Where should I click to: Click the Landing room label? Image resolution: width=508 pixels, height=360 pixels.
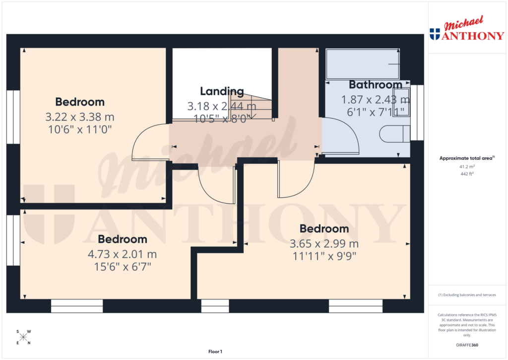pos(222,91)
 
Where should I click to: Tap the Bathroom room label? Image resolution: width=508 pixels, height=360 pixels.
pos(375,84)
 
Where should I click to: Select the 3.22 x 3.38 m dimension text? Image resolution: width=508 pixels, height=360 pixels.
pos(80,118)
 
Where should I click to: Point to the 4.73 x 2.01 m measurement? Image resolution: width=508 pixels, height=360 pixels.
pos(122,254)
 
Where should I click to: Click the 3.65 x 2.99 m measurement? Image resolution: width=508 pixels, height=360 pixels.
pos(324,244)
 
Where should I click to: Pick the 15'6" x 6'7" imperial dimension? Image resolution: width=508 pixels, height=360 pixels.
pos(122,267)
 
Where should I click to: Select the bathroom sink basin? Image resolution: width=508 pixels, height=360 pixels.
pos(404,102)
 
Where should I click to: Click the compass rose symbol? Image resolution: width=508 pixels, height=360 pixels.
pos(23,337)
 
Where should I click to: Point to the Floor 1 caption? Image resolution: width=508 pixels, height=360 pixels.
pos(215,352)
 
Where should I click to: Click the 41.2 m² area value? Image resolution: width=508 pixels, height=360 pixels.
pos(467,167)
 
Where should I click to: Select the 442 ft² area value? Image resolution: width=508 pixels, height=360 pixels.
pos(467,174)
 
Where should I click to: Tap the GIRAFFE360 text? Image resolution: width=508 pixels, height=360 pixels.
pos(467,345)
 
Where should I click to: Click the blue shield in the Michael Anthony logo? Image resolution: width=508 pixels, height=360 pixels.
pos(435,34)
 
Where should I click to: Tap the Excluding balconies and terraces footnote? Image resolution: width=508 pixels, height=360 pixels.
pos(467,295)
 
